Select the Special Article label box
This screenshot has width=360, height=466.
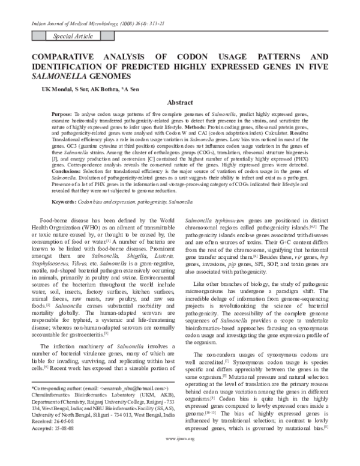coord(73,37)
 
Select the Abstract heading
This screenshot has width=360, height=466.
coord(179,103)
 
